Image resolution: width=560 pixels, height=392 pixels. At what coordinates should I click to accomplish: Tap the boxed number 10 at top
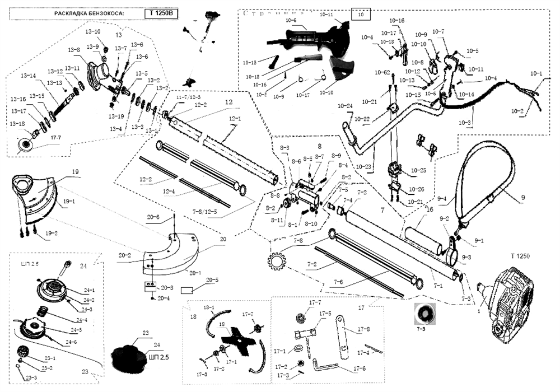click(x=360, y=13)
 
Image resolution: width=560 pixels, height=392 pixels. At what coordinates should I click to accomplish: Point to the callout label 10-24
click(x=346, y=106)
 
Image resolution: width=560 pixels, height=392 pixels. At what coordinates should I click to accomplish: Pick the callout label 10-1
click(x=536, y=74)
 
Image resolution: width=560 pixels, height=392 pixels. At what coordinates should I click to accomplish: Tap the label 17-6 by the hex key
click(x=360, y=368)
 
